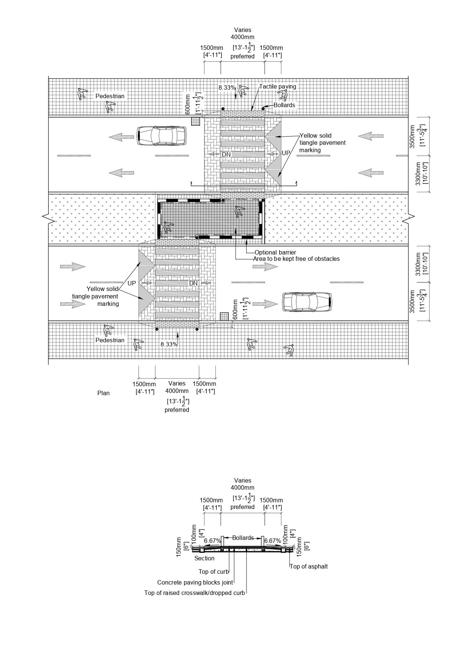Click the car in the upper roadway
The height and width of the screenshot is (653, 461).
coord(161,135)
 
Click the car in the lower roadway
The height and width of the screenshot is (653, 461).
coord(307,302)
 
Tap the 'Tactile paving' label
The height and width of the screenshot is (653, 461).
coord(278,87)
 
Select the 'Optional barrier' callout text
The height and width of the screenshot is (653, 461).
coord(275,252)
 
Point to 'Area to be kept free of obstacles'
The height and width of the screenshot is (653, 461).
coord(296,259)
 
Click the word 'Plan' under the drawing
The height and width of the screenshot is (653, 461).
coord(103,393)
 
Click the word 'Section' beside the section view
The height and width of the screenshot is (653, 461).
coord(204,558)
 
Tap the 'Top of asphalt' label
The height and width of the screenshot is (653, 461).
coord(309,566)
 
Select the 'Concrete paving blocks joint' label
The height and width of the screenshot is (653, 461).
coord(195,582)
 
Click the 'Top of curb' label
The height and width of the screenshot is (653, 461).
coord(214,572)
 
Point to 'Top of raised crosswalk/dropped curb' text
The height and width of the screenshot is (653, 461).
coord(194,593)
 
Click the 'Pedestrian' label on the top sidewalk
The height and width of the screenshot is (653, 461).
coord(110,96)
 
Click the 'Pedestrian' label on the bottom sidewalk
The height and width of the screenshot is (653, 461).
coord(110,340)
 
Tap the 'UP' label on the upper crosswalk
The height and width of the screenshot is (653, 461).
coord(286,153)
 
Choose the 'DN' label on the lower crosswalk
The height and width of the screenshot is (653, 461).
coord(193,283)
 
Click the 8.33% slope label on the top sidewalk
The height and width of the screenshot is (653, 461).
coord(227,88)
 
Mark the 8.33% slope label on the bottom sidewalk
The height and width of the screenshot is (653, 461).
coord(169,344)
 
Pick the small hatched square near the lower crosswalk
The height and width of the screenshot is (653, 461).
coord(223,316)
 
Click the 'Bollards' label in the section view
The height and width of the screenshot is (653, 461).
coord(243,538)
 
